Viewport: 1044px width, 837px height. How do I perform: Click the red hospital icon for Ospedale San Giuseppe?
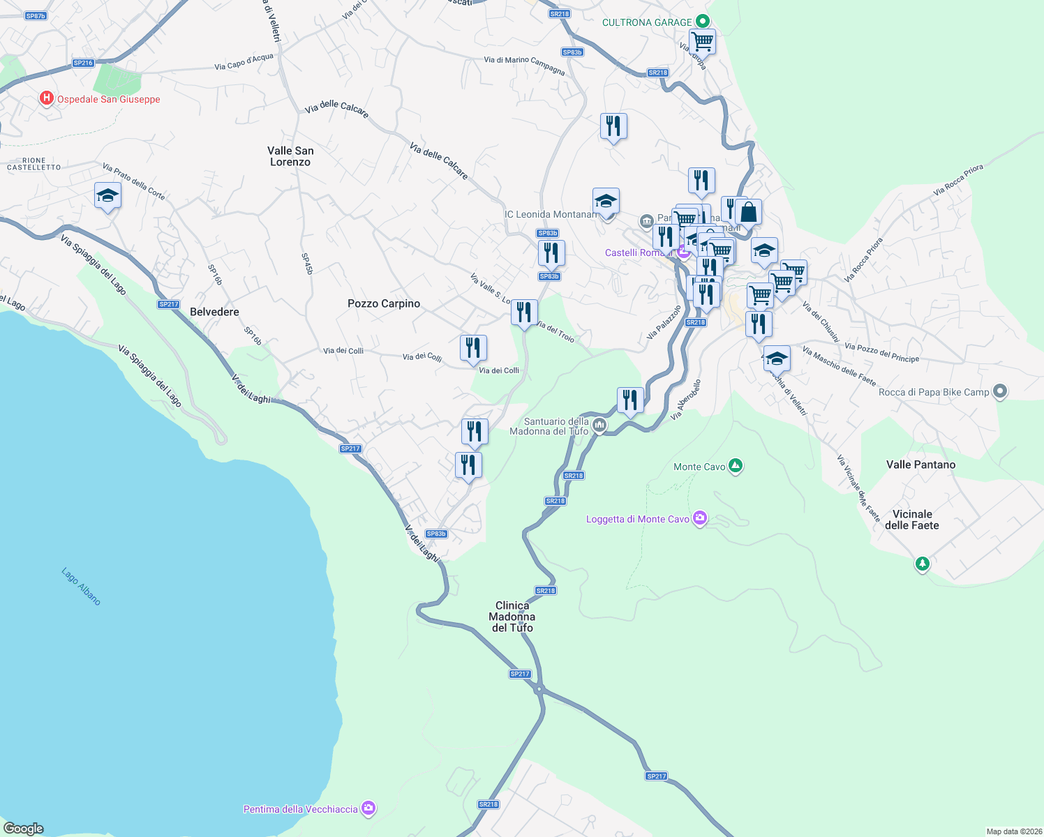pyautogui.click(x=47, y=98)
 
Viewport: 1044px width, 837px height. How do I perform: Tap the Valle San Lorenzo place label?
pyautogui.click(x=290, y=156)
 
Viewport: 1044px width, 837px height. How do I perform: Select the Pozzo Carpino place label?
pyautogui.click(x=384, y=303)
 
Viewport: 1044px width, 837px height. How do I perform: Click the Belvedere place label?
pyautogui.click(x=214, y=312)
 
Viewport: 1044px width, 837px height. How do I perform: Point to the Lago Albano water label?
pyautogui.click(x=81, y=586)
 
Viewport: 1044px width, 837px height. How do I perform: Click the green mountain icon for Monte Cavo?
pyautogui.click(x=735, y=466)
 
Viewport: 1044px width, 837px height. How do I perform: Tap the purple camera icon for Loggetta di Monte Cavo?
pyautogui.click(x=700, y=518)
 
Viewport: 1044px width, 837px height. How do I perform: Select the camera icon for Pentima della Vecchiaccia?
pyautogui.click(x=368, y=808)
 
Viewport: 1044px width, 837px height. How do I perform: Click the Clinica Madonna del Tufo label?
pyautogui.click(x=512, y=617)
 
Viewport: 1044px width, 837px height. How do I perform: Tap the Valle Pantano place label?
pyautogui.click(x=920, y=465)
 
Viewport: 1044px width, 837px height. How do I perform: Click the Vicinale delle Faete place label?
pyautogui.click(x=912, y=520)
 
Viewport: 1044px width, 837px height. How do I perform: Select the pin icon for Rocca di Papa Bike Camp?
pyautogui.click(x=999, y=391)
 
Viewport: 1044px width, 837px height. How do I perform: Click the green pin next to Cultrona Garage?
pyautogui.click(x=703, y=22)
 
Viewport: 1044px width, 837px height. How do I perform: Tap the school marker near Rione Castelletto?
pyautogui.click(x=107, y=196)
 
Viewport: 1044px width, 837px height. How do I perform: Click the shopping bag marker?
pyautogui.click(x=748, y=212)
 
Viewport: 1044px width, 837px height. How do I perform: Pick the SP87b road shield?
pyautogui.click(x=36, y=15)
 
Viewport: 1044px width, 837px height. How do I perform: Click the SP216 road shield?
pyautogui.click(x=83, y=63)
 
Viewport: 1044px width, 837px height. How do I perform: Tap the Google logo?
pyautogui.click(x=24, y=828)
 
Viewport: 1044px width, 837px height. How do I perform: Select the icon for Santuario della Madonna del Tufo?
pyautogui.click(x=599, y=425)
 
